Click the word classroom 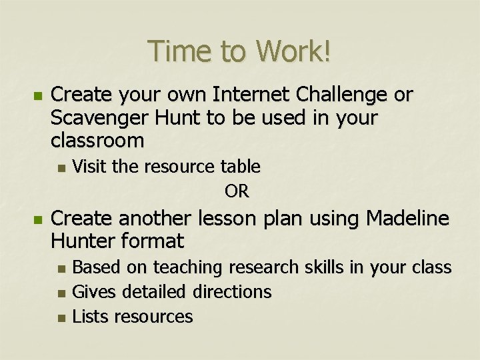pos(97,141)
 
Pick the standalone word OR pos(237,192)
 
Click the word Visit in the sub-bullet pos(89,165)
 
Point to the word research pos(260,267)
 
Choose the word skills pos(320,267)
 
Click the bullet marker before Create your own pos(37,96)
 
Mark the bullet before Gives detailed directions pos(61,293)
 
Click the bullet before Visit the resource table pos(61,166)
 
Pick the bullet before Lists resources pos(61,317)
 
